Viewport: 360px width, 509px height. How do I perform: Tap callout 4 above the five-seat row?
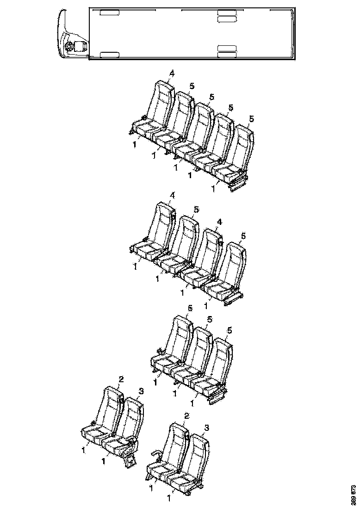(172, 74)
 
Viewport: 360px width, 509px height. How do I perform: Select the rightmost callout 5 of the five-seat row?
(251, 119)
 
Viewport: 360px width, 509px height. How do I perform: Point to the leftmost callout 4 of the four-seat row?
(172, 196)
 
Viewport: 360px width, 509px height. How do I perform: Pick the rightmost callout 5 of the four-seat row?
(243, 236)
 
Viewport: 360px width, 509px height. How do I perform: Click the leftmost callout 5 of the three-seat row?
(189, 308)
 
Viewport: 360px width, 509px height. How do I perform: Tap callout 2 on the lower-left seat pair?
(120, 379)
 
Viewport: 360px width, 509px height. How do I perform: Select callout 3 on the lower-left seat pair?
(141, 391)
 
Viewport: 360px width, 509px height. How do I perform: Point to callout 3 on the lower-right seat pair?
(206, 428)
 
